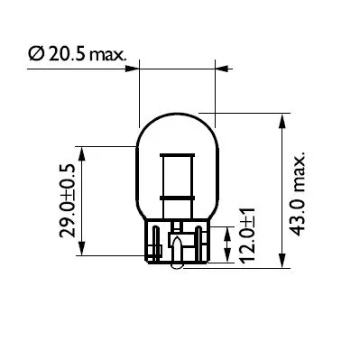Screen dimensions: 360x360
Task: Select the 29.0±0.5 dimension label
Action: pos(67,200)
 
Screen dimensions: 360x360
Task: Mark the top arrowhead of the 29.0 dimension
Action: pos(83,150)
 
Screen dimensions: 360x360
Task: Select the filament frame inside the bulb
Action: pos(177,177)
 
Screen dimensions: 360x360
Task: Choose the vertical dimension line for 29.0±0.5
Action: pos(83,201)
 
